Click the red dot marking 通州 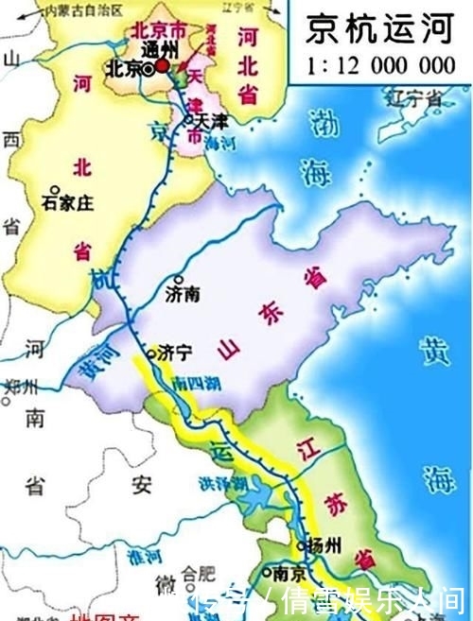tap(163, 66)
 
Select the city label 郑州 tap(23, 388)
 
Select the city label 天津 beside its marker tap(212, 121)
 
